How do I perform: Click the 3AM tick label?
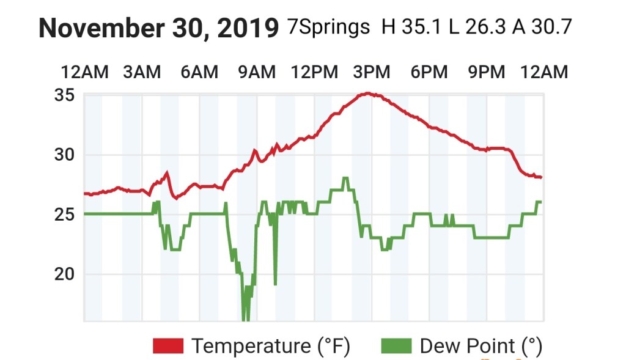(x=142, y=72)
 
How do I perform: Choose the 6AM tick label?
(x=199, y=72)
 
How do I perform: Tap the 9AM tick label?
(x=257, y=72)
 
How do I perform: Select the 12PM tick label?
(x=314, y=72)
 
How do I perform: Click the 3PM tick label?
(x=372, y=72)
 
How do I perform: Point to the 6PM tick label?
(x=429, y=72)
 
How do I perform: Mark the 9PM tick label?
(x=487, y=72)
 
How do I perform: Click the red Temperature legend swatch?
(x=168, y=346)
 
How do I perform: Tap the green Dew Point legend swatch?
(x=396, y=346)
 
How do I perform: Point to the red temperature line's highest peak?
(x=367, y=94)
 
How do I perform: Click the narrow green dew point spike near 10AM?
(x=275, y=269)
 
